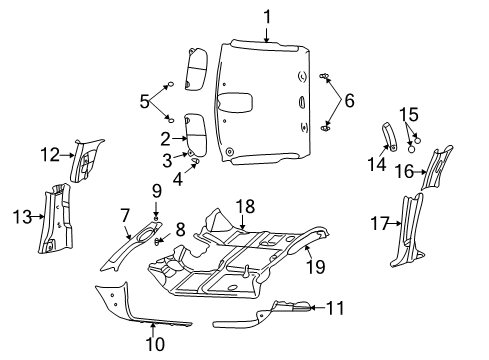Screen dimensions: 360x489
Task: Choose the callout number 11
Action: (336, 308)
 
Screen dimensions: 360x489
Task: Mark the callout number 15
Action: (408, 114)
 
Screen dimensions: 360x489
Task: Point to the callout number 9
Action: (156, 190)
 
